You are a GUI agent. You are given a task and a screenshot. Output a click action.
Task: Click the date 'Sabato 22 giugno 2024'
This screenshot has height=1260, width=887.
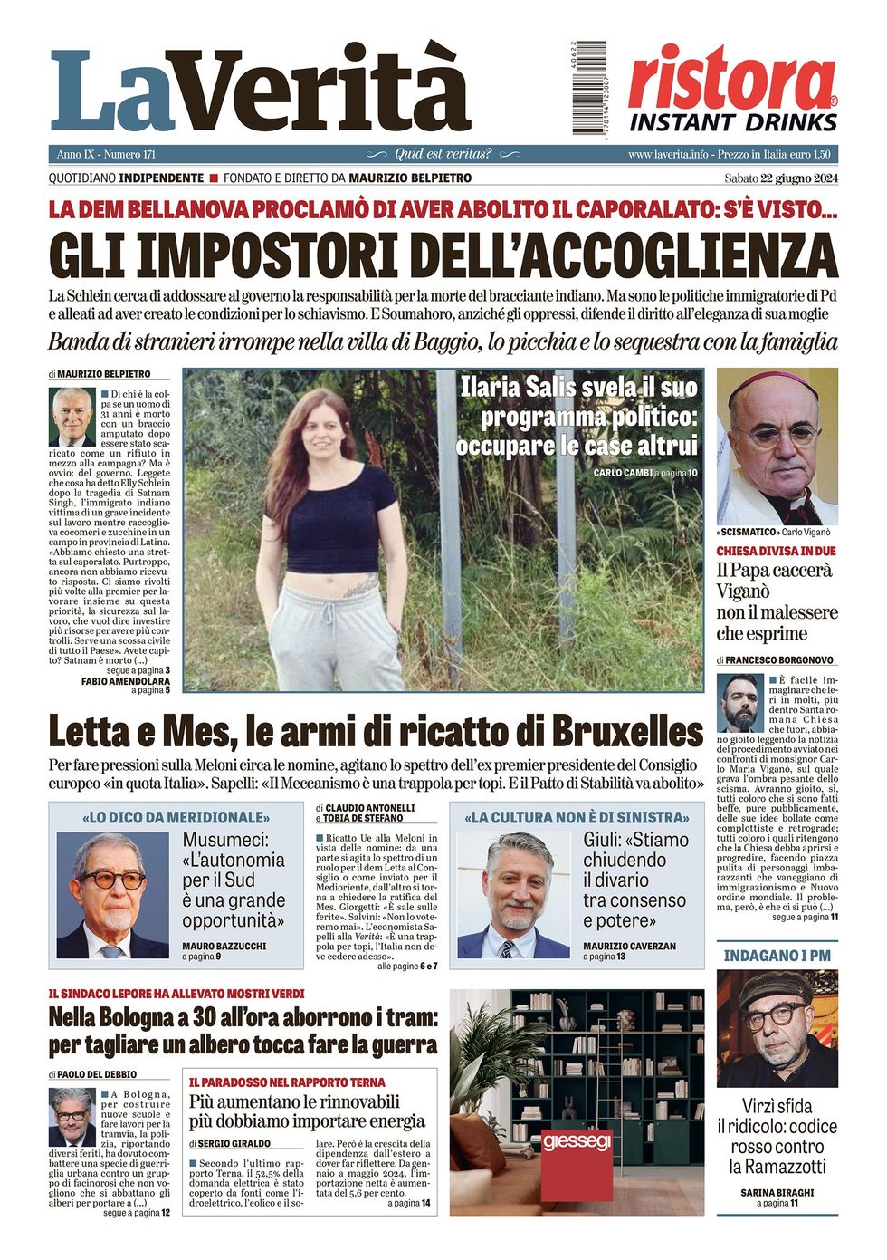point(781,178)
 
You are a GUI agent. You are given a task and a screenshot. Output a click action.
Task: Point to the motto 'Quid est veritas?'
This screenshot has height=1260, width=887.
point(443,154)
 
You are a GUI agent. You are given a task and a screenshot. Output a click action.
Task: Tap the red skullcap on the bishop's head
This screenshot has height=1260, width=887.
point(776,383)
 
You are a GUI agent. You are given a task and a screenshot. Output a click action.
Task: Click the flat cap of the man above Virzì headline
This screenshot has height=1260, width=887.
point(777,990)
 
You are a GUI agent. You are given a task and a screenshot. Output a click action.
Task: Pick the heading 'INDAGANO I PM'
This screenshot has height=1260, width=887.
point(777,955)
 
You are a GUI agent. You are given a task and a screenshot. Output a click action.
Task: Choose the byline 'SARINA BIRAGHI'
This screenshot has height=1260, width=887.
point(777,1192)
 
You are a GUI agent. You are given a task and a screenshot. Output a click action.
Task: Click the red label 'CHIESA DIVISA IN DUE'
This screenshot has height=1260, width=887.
point(777,551)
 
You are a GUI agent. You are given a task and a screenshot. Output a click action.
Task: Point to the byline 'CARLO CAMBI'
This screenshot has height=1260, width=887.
point(623,473)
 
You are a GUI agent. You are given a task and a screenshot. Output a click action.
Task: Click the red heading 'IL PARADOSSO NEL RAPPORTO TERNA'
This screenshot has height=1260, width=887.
point(287,1082)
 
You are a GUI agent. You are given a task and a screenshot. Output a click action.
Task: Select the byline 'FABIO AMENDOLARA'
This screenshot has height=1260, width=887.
point(125,680)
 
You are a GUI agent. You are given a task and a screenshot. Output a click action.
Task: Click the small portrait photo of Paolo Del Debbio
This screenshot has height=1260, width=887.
point(72,1116)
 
